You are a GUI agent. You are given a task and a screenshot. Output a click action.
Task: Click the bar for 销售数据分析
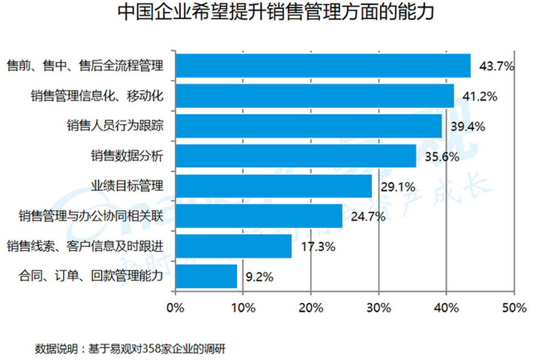296,156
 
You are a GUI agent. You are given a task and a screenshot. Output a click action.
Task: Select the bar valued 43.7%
323,66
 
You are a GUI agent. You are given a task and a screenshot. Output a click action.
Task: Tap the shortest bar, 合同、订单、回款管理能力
206,276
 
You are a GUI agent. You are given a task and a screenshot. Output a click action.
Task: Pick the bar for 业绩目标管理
274,186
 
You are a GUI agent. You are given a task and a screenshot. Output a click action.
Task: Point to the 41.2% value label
480,96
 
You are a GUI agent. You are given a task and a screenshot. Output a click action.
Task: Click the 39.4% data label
468,126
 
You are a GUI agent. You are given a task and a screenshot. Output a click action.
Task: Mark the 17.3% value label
318,246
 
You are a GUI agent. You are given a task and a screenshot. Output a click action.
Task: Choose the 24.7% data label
368,216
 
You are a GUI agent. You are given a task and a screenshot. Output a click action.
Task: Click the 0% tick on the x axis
175,308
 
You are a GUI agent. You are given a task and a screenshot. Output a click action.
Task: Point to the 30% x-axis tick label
379,308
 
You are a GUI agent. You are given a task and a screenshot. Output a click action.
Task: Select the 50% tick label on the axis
514,308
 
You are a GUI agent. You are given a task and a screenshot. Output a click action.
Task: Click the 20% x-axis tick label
311,308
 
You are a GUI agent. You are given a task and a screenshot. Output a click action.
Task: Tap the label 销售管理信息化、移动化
97,96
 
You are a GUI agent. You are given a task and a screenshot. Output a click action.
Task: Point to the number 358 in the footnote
151,349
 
